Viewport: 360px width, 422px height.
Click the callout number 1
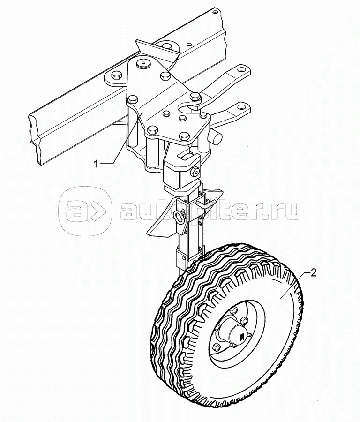[97, 164]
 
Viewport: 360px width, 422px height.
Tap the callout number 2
[313, 272]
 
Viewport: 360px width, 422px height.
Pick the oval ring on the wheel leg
[179, 216]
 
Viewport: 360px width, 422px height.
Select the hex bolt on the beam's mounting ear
[114, 75]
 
